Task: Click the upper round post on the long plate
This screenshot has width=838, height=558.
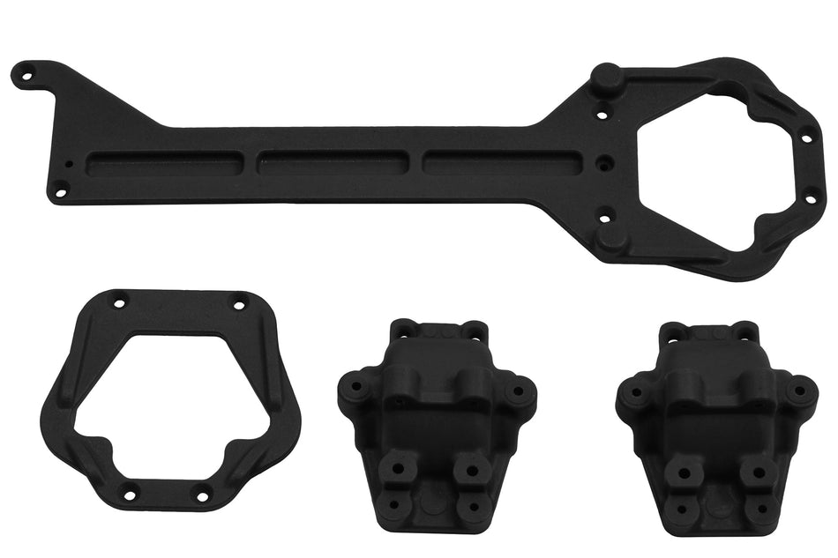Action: (x=609, y=78)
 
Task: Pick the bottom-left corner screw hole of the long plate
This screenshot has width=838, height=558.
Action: (x=60, y=187)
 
